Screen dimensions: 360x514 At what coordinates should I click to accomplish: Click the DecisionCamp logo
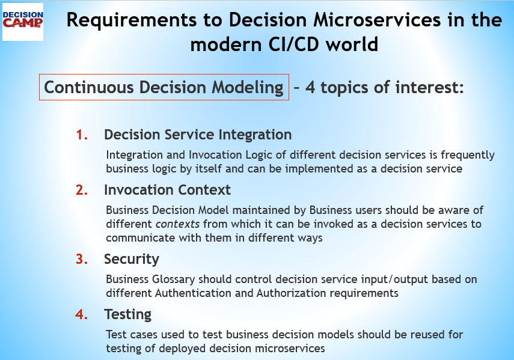(x=23, y=21)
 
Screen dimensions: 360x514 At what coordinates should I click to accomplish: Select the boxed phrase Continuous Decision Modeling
(x=164, y=87)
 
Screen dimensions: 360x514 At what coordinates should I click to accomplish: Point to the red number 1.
(x=82, y=135)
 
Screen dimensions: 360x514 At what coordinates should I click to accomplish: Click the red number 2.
(x=82, y=190)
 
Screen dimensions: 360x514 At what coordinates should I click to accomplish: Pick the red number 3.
(x=82, y=259)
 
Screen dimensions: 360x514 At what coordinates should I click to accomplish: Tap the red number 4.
(x=82, y=314)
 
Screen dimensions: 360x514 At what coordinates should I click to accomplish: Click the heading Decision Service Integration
(x=198, y=135)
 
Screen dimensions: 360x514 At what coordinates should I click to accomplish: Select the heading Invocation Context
(x=167, y=190)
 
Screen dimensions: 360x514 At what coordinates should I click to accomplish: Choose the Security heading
(x=131, y=259)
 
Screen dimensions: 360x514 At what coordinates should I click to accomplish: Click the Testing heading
(x=127, y=314)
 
